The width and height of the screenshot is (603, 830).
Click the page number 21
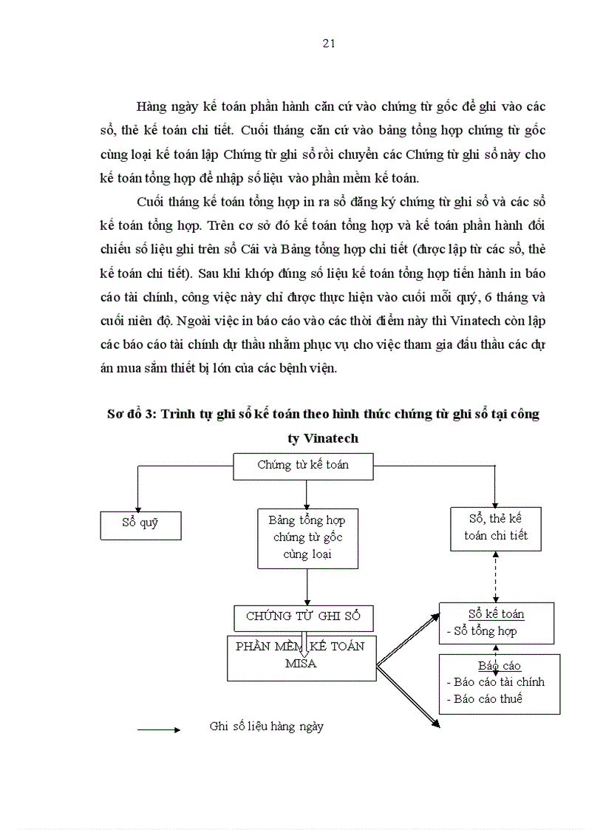[330, 43]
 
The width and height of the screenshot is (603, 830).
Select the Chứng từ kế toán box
[303, 466]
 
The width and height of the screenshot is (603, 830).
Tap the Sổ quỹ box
[140, 525]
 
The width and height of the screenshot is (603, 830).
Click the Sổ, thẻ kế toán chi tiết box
[495, 528]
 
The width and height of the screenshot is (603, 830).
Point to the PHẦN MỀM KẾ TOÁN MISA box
[300, 656]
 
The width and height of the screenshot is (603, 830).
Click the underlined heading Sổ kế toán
[496, 614]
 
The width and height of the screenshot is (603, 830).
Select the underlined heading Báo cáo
[499, 666]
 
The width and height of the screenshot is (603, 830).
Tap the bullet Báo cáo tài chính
[495, 682]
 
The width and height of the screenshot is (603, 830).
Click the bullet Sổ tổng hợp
[482, 631]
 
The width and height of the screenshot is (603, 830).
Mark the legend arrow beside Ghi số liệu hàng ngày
[159, 729]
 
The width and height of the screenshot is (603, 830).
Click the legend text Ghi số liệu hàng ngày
[266, 727]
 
